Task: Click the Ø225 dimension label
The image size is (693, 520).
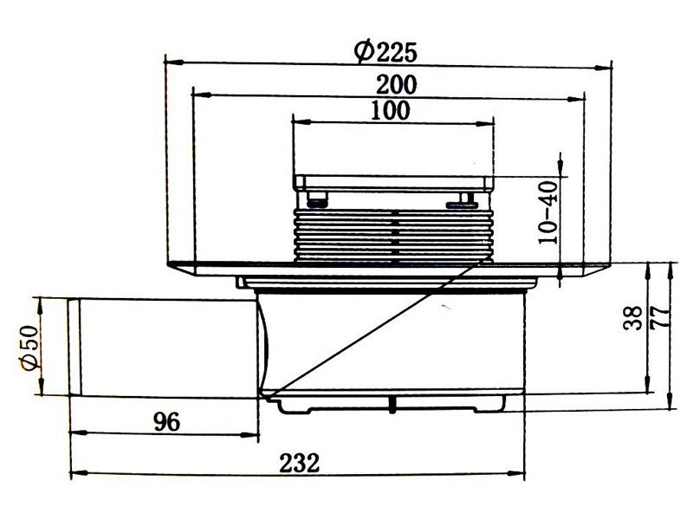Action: [385, 52]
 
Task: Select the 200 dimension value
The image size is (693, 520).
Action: [397, 84]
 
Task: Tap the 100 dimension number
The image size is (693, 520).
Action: [391, 111]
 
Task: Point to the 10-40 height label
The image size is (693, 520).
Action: [548, 212]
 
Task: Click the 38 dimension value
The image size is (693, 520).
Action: [633, 317]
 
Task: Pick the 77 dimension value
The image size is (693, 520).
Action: [660, 316]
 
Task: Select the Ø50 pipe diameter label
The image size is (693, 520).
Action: [29, 348]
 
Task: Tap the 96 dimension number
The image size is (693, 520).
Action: [167, 422]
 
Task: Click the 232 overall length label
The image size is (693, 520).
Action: [299, 463]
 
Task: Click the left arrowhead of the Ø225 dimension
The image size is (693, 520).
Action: [174, 62]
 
